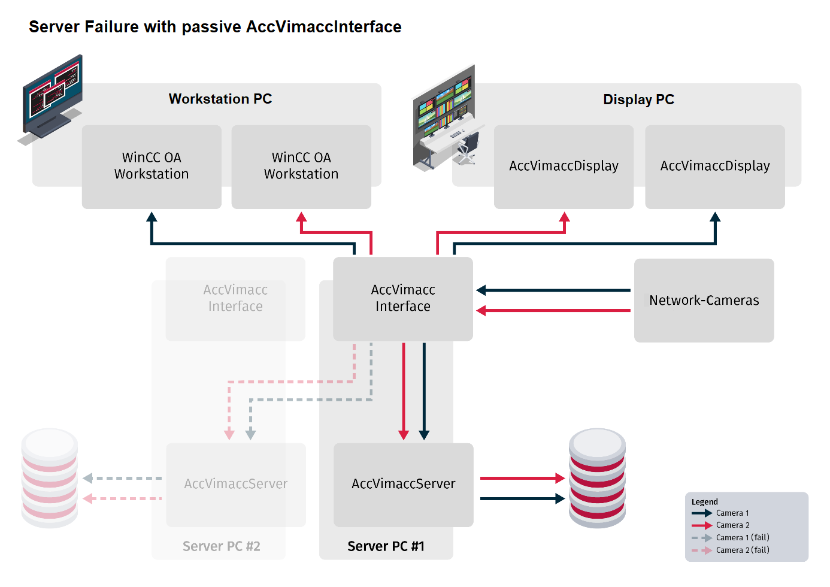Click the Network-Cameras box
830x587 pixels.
coord(704,300)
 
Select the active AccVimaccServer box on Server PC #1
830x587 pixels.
coord(403,484)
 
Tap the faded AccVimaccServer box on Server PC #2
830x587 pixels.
coord(235,484)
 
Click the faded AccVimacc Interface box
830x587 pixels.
coord(235,298)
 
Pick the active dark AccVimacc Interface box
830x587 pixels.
coord(402,298)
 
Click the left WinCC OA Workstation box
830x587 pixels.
coord(152,166)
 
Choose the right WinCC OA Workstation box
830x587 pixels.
coord(301,166)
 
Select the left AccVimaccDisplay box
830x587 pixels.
coord(564,166)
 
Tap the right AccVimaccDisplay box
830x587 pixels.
coord(715,166)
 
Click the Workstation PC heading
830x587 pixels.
coord(220,99)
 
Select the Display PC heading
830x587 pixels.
coord(638,99)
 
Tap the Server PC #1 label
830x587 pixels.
coord(386,546)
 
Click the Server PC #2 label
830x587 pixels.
coord(221,546)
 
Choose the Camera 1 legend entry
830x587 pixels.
coord(732,513)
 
